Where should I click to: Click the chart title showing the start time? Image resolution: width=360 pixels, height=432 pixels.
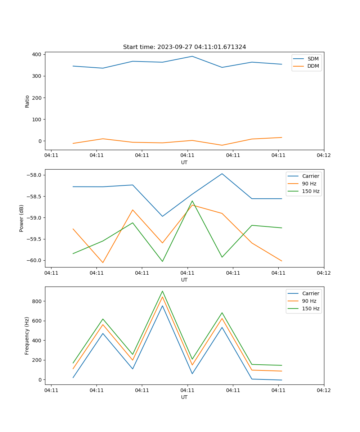tap(184, 47)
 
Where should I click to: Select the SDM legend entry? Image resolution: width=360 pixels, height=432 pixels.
tap(313, 59)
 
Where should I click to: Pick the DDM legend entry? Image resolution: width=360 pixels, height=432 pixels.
tap(313, 66)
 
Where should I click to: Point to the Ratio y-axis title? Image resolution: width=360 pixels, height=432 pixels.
tap(27, 101)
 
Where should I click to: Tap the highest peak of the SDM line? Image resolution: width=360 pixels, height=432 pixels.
tap(192, 56)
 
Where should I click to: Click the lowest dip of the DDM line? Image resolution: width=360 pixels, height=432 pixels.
tap(222, 145)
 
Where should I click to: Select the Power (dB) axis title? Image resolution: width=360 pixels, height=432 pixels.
tap(22, 218)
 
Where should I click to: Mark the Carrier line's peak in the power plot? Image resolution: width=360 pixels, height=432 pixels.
tap(222, 174)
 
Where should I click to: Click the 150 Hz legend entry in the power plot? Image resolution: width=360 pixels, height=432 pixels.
tap(311, 192)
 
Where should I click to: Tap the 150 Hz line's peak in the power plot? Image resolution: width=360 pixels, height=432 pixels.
tap(192, 201)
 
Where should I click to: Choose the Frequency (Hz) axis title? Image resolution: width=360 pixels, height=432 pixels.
tap(27, 336)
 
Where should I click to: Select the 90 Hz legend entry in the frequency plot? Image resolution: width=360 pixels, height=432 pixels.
tap(309, 301)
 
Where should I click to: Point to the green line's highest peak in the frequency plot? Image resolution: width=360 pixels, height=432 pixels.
tap(162, 291)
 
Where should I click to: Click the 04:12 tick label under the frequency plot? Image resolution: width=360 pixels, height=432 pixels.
tap(324, 390)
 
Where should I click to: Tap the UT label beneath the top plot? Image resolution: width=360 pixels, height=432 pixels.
tap(184, 162)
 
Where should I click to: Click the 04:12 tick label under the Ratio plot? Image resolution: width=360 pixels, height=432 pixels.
tap(324, 155)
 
